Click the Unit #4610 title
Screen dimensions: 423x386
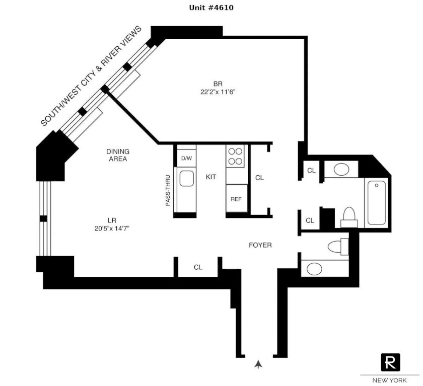click(211, 8)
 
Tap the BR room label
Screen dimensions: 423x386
click(218, 84)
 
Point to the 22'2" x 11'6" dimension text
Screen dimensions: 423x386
click(218, 92)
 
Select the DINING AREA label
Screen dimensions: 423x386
click(118, 155)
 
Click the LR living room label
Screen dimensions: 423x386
click(112, 220)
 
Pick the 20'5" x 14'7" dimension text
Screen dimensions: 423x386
click(112, 228)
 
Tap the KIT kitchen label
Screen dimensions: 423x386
click(210, 177)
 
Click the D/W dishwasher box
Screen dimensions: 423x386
click(186, 158)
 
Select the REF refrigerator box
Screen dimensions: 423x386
click(237, 198)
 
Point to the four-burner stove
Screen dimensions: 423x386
click(235, 157)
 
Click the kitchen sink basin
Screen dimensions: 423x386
click(186, 178)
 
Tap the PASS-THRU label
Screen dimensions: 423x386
click(168, 191)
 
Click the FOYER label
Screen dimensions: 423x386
click(260, 245)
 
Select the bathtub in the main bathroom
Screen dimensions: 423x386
click(377, 203)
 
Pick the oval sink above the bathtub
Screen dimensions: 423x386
click(341, 169)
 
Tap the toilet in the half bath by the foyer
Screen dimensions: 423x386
click(338, 247)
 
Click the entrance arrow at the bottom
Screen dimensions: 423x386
click(258, 364)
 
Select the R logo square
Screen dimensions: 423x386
click(390, 362)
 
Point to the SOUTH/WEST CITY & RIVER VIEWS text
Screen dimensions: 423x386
click(91, 76)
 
